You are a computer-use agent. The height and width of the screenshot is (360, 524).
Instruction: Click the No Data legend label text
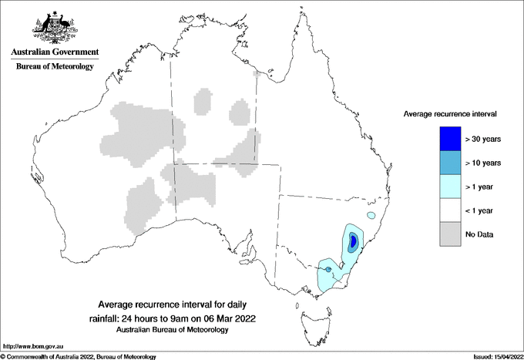tap(479, 234)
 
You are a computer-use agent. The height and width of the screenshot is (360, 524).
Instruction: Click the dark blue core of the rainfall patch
tap(353, 241)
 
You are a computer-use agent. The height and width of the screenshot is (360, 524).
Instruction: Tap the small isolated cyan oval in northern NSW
tap(372, 215)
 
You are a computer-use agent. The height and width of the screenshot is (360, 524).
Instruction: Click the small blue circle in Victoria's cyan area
tap(329, 269)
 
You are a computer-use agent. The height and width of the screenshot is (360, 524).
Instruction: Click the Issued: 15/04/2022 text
tap(494, 356)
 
